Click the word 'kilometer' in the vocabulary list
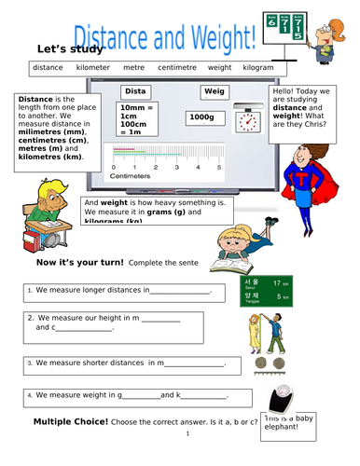tap(93, 68)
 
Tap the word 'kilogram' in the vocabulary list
tap(255, 68)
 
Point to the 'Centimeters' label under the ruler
tap(130, 175)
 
